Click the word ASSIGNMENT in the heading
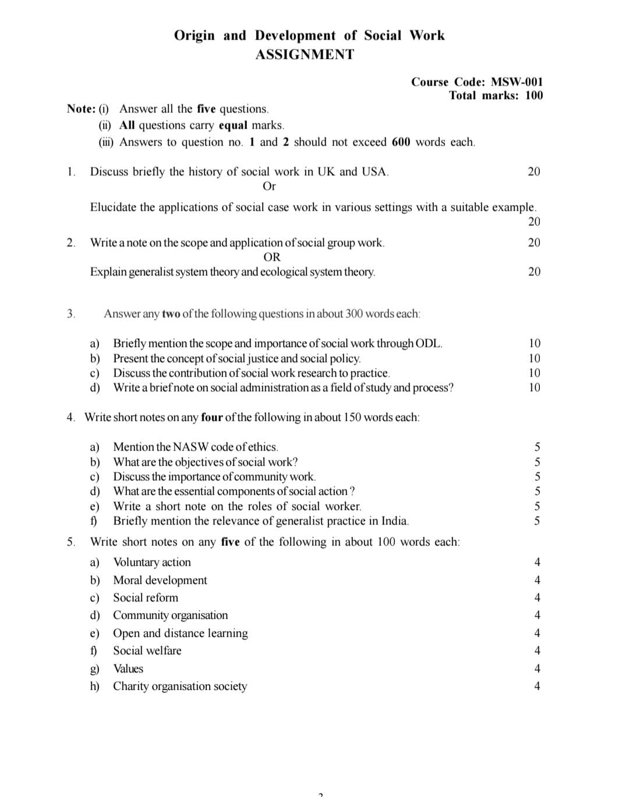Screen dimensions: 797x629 coord(305,55)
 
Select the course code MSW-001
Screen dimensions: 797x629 coord(517,82)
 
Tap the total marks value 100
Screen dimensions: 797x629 coord(533,95)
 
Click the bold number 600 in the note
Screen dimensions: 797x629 coord(401,142)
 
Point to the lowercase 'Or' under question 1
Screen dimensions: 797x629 coord(269,186)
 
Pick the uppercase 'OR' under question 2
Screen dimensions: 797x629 coord(271,257)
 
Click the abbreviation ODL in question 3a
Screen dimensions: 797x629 coord(428,343)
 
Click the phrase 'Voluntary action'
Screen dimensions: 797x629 coord(152,562)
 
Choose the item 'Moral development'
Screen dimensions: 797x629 coord(160,580)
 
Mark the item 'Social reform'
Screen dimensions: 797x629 coord(146,598)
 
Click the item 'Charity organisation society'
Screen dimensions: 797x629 coord(180,686)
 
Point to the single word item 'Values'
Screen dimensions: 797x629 coord(128,669)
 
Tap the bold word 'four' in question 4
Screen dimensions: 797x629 coord(211,417)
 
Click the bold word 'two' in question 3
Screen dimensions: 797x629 coord(171,314)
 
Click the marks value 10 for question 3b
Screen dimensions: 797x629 coord(534,359)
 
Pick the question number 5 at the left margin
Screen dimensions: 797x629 coord(70,542)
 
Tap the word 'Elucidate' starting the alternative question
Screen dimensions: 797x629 coord(113,207)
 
